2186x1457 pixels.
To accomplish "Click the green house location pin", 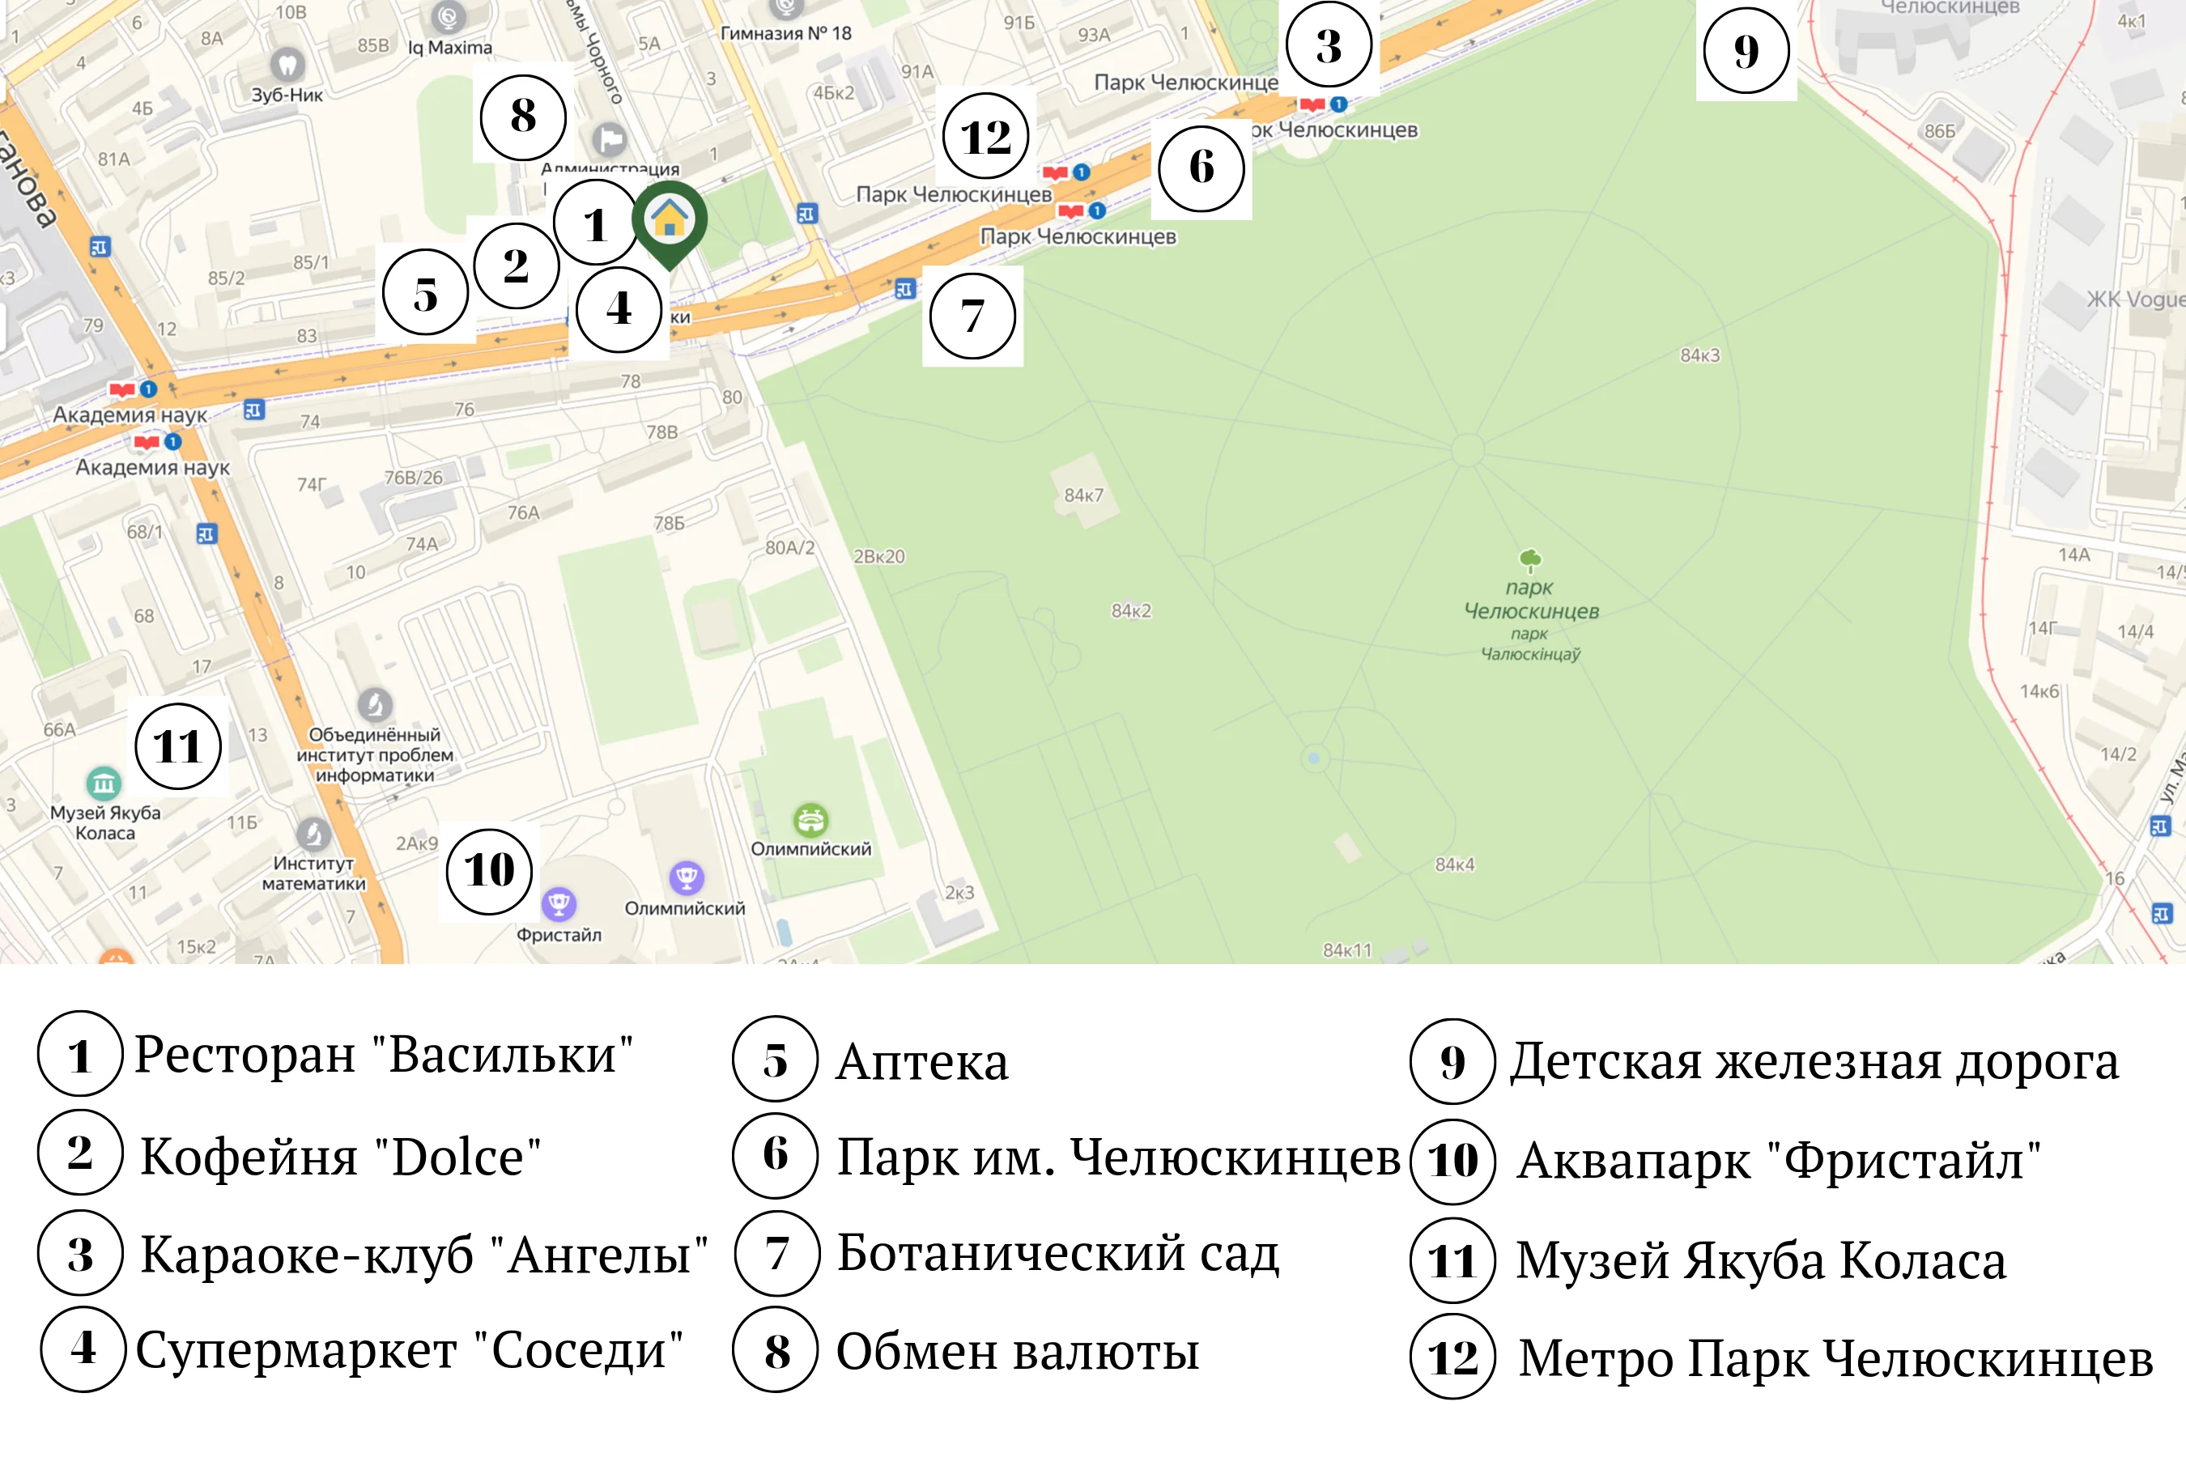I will (670, 220).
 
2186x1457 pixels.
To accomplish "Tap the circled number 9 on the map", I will (1746, 50).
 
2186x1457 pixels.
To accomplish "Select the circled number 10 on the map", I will (489, 871).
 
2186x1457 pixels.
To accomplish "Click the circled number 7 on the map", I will (972, 316).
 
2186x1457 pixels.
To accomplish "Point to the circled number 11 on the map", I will (177, 746).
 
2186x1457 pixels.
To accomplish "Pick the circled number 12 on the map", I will (985, 137).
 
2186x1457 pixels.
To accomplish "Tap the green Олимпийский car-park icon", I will (810, 819).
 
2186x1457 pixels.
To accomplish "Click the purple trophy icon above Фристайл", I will (559, 903).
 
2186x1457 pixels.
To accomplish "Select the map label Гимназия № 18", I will (785, 33).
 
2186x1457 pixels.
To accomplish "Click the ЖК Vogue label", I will (2134, 299).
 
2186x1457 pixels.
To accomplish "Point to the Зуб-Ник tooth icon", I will (287, 64).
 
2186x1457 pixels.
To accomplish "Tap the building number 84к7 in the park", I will (1084, 495).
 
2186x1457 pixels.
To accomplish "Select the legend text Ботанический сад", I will (1057, 1254).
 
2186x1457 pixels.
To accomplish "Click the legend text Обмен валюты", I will (1018, 1352).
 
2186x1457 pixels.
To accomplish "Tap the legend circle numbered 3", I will (81, 1254).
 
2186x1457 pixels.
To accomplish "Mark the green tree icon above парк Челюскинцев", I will (1530, 559).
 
